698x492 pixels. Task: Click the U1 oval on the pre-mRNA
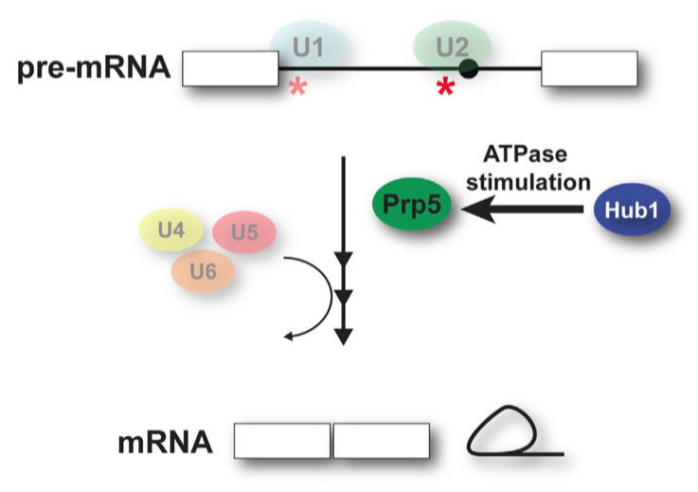[x=308, y=46]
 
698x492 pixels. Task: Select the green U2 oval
[x=452, y=46]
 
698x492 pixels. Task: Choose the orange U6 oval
[x=203, y=272]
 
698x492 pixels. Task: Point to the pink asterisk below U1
[x=297, y=89]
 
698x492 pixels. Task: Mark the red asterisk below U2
[x=444, y=90]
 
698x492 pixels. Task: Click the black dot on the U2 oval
[x=468, y=68]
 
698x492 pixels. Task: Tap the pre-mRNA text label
[x=91, y=69]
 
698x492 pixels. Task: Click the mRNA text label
[x=162, y=442]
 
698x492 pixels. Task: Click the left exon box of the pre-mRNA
[x=229, y=69]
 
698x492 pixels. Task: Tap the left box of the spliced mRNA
[x=282, y=442]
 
